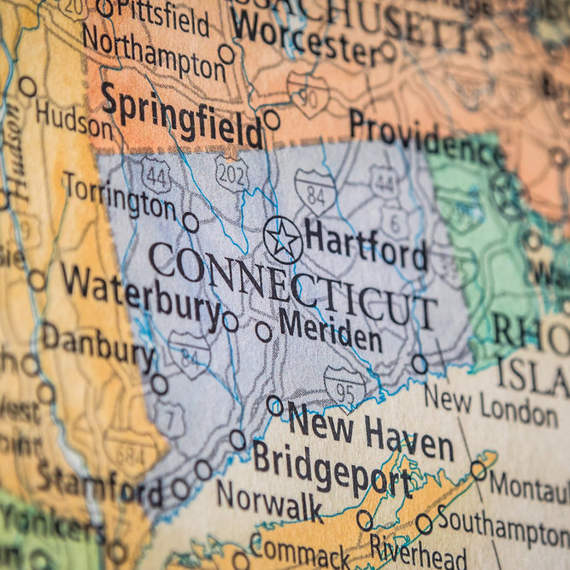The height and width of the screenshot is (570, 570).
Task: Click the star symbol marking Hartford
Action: [x=283, y=239]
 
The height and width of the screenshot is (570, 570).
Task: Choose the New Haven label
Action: [x=369, y=433]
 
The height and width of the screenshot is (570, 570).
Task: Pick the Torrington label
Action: [x=119, y=197]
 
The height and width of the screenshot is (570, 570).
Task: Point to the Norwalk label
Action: [x=268, y=502]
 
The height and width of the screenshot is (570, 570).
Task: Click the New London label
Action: [x=491, y=405]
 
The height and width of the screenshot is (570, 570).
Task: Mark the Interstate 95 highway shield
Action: [x=344, y=385]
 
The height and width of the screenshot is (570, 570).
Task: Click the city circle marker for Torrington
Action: [x=190, y=222]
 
